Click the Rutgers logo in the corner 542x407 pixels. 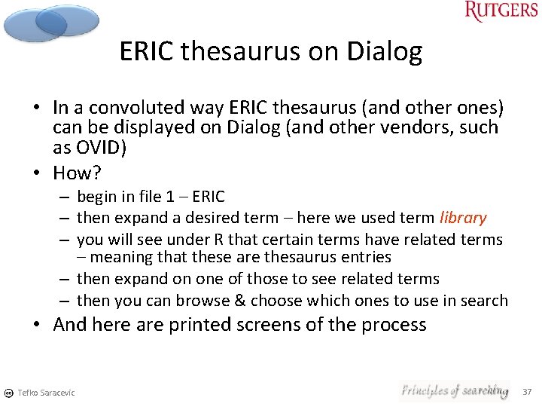click(501, 11)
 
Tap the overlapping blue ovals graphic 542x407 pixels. click(50, 23)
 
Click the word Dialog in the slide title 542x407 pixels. click(384, 51)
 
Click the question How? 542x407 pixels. click(77, 173)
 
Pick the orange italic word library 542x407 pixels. click(463, 218)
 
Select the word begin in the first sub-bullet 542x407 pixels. click(96, 197)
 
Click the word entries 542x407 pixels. click(365, 256)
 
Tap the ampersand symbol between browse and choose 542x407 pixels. click(239, 300)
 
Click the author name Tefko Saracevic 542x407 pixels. click(46, 393)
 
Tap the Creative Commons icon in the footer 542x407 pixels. click(8, 393)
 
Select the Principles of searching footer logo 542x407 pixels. click(454, 390)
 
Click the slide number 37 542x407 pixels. click(527, 391)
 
